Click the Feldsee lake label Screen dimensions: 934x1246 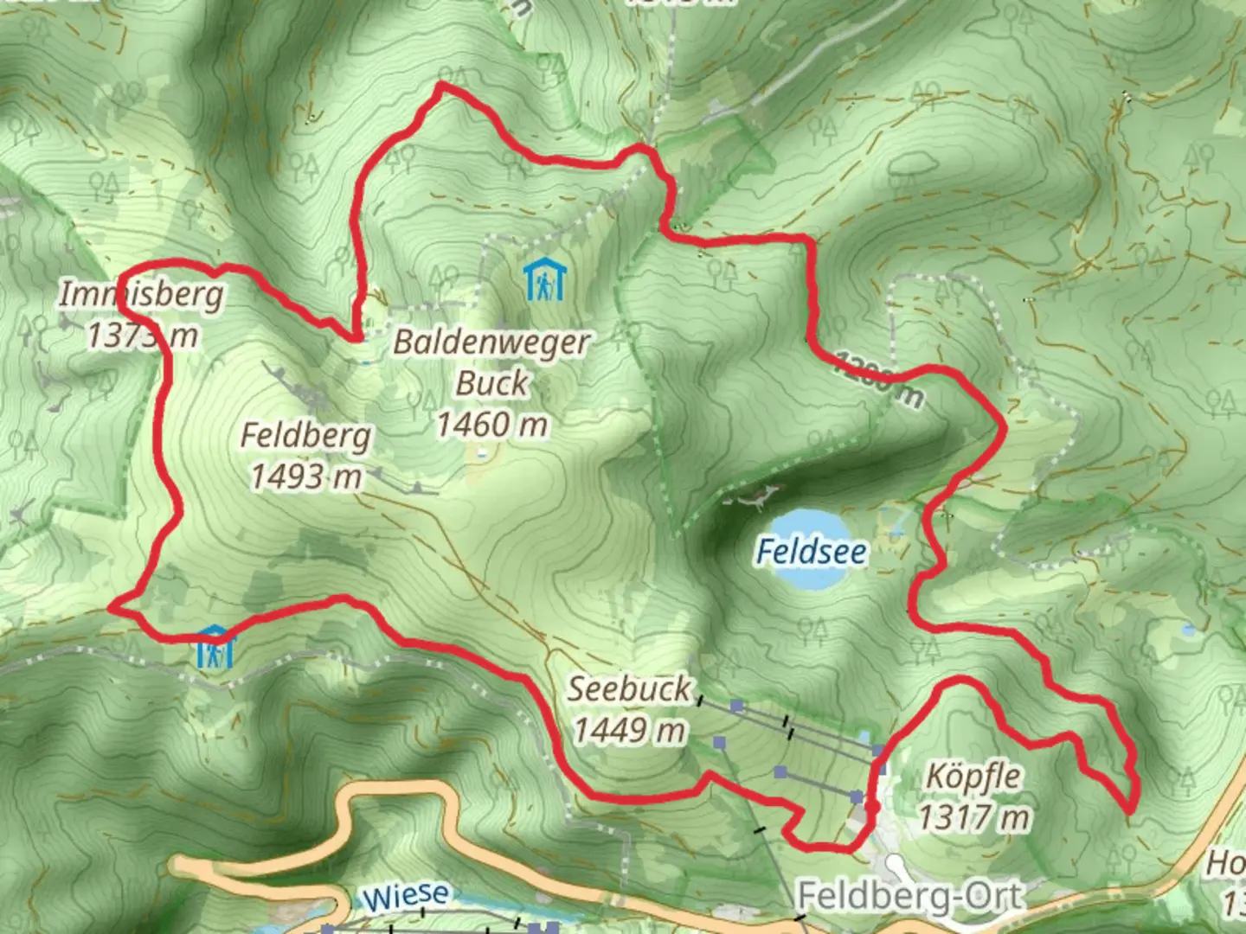pos(811,551)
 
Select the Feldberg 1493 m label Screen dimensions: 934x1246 pos(305,455)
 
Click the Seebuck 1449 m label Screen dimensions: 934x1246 pos(630,709)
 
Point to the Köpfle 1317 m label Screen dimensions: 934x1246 pos(973,796)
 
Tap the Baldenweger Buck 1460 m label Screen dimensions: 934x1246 pos(491,382)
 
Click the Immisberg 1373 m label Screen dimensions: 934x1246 pos(142,314)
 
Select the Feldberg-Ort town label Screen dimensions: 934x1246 pos(909,897)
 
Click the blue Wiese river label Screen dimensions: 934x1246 pos(406,897)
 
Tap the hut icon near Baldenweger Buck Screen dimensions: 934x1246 pos(545,280)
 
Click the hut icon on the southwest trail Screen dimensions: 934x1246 pos(215,647)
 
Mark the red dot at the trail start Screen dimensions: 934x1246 pos(872,807)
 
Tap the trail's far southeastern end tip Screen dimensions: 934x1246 pos(1130,811)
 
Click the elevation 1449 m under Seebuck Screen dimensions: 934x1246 pos(630,731)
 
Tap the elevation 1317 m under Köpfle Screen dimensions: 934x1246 pos(973,816)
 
